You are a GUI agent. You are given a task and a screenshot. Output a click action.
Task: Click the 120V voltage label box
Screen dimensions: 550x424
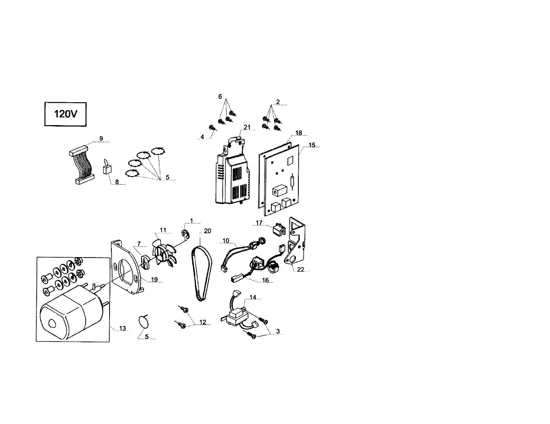click(x=65, y=114)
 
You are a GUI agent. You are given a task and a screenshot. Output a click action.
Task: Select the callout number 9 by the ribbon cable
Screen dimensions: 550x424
click(x=101, y=138)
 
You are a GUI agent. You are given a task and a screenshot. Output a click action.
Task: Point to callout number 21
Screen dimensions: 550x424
click(x=247, y=127)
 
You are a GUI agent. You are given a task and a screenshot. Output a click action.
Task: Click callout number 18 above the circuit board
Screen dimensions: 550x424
click(x=298, y=133)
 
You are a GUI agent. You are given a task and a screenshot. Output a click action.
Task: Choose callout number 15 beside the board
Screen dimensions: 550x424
click(x=312, y=145)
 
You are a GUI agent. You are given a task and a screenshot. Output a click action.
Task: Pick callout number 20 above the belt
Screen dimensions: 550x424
click(x=208, y=231)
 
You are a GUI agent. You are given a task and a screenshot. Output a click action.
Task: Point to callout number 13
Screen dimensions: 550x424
click(x=122, y=328)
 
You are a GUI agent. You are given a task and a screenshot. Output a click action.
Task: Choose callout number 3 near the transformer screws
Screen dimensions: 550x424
click(x=278, y=331)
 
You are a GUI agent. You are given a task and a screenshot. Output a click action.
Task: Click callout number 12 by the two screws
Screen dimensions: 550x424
click(x=203, y=322)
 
